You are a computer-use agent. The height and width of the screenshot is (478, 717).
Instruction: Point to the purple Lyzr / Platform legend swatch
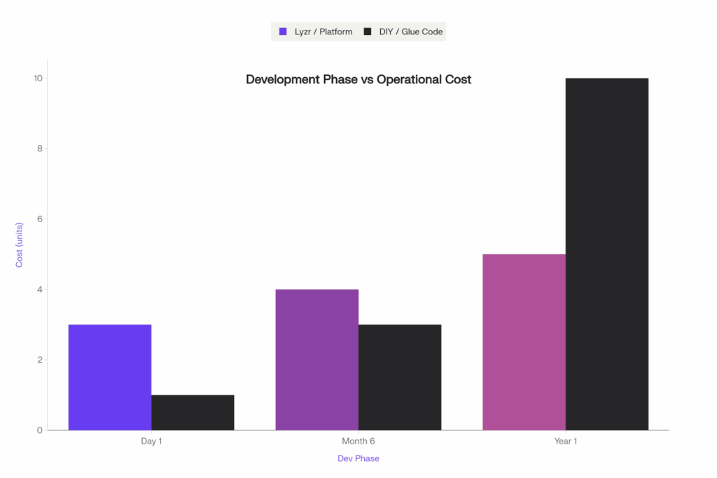point(284,32)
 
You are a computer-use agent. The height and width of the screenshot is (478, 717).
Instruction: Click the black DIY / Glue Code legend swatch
point(368,32)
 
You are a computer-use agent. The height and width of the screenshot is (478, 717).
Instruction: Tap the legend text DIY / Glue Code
point(411,32)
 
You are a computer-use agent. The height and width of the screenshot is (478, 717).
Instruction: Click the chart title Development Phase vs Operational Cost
point(358,79)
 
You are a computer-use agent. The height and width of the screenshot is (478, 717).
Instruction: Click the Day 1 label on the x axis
point(151,442)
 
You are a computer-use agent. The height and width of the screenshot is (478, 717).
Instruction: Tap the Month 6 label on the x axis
point(358,442)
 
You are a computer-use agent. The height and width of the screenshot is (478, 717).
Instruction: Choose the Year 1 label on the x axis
point(566,442)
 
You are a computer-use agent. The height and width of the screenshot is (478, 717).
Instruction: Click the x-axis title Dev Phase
point(358,458)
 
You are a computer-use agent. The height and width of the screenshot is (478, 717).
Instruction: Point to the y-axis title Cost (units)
point(20,245)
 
